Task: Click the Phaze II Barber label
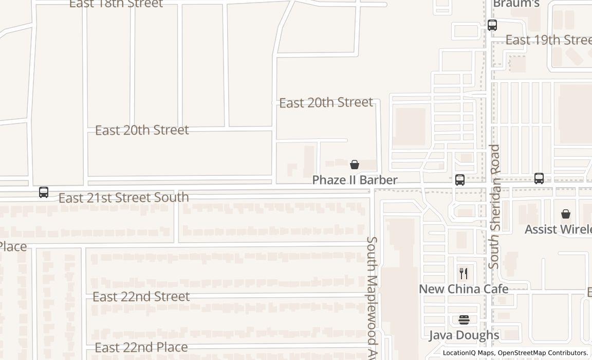(355, 180)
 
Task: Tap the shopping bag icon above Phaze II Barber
(355, 165)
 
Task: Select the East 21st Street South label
(123, 197)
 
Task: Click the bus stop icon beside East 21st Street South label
(44, 192)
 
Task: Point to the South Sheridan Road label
(494, 206)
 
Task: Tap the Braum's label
(516, 4)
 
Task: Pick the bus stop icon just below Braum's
(492, 25)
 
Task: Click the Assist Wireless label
(558, 229)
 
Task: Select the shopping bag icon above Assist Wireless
(566, 213)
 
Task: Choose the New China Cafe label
(464, 289)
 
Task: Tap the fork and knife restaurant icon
(464, 273)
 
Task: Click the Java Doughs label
(464, 335)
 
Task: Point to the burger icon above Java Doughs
(464, 320)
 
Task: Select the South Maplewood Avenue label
(372, 298)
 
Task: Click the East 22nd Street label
(141, 297)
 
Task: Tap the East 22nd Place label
(141, 348)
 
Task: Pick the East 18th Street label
(116, 4)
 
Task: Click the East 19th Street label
(548, 40)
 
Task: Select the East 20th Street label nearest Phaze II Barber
(326, 102)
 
